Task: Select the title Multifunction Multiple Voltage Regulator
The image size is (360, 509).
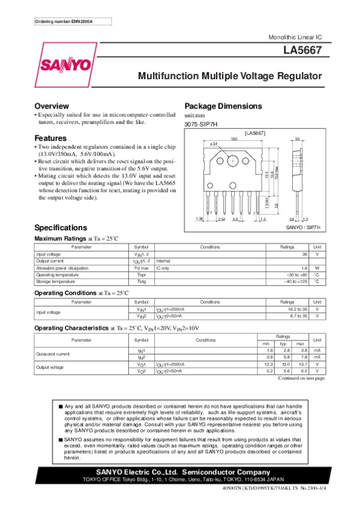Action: click(230, 77)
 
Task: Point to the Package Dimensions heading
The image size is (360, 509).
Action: click(223, 106)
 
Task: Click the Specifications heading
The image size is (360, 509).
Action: click(61, 245)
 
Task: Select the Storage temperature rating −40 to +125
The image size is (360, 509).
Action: click(295, 281)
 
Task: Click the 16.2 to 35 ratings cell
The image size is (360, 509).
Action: click(295, 309)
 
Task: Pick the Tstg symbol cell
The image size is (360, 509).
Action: click(142, 281)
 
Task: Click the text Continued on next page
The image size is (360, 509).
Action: click(302, 378)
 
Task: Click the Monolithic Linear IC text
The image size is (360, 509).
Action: click(296, 38)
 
